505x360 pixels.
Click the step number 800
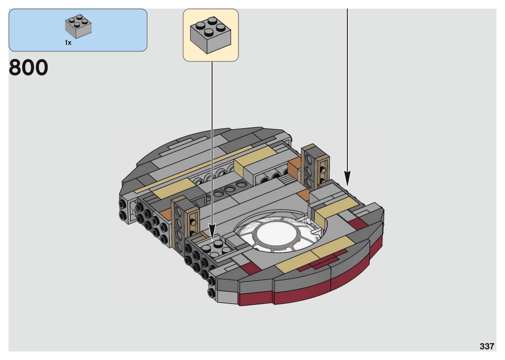tap(28, 68)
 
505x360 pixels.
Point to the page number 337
tap(487, 346)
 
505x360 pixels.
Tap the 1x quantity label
tap(68, 43)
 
